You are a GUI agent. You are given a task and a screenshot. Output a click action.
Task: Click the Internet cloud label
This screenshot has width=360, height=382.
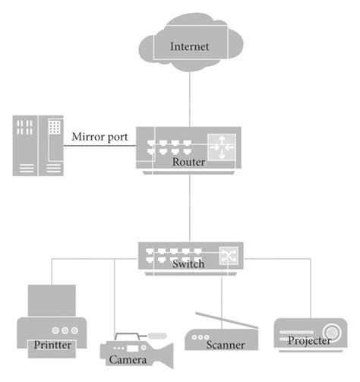point(189,47)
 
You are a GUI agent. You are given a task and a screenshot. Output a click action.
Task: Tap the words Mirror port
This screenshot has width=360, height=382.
point(99,137)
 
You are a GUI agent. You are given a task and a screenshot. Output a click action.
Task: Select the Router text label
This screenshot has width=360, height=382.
point(188,162)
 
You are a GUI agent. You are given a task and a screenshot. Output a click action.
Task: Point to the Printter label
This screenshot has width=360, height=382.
point(52,345)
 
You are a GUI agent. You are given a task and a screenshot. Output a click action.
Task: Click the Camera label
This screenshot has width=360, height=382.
point(127,359)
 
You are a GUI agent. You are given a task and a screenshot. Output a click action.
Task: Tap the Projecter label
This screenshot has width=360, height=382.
point(308,340)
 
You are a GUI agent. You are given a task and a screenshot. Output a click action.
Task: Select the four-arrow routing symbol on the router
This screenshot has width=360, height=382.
point(222,147)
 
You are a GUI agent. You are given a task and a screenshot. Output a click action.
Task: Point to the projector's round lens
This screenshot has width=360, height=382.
point(332,331)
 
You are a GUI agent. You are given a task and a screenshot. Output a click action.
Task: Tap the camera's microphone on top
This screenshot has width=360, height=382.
point(156,334)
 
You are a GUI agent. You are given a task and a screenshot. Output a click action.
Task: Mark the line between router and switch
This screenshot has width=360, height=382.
point(189,209)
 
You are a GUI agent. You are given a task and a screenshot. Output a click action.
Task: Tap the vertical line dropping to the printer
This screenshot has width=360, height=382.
point(52,272)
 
